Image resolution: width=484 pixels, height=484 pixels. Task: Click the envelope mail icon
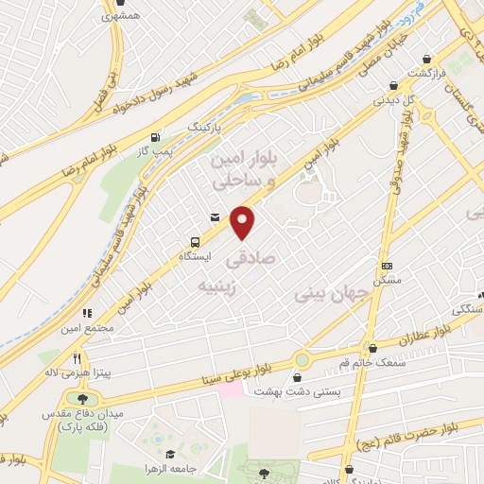coord(216,217)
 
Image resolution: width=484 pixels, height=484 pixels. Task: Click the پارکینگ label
coord(208,124)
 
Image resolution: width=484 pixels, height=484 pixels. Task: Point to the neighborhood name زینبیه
coord(219,285)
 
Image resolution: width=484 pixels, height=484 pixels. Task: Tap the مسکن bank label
coord(387,281)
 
